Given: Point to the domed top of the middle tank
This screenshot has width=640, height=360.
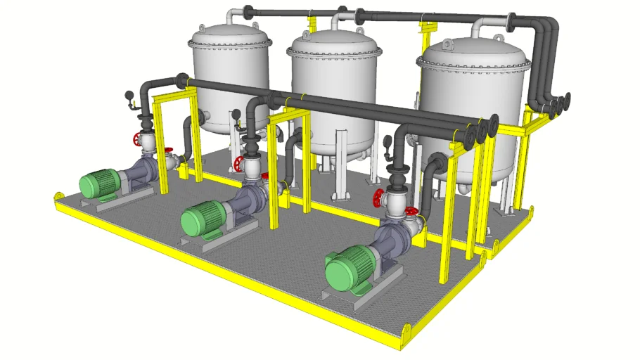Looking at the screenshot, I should [x=335, y=44].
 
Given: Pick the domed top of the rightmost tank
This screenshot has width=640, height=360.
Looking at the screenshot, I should [x=475, y=53].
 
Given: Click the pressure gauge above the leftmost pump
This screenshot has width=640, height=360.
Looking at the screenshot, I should [x=128, y=96].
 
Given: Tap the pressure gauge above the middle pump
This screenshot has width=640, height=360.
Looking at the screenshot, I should [x=236, y=114].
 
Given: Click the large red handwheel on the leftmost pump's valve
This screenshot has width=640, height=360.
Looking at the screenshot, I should [x=137, y=139].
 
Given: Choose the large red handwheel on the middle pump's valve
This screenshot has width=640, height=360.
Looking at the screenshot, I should [x=240, y=165].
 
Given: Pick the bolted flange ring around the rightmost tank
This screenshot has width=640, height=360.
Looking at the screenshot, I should [x=475, y=67].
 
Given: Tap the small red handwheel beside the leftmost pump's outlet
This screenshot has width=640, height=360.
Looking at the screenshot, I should [x=169, y=150].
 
